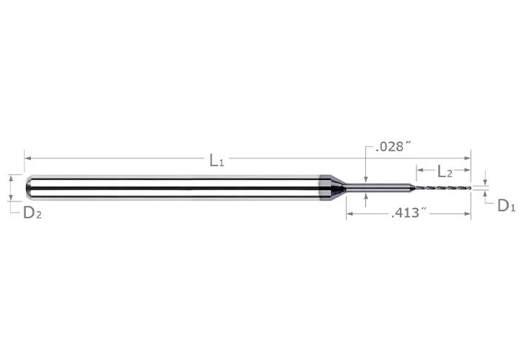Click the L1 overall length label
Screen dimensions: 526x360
216,161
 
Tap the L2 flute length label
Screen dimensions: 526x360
445,171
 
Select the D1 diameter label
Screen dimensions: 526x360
506,205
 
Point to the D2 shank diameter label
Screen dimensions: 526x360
32,212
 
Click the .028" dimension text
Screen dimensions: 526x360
393,146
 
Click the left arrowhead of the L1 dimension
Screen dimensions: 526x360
28,158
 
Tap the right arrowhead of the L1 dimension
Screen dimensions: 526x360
468,158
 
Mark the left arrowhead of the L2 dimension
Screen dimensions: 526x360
420,170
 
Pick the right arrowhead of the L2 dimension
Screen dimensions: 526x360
468,170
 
